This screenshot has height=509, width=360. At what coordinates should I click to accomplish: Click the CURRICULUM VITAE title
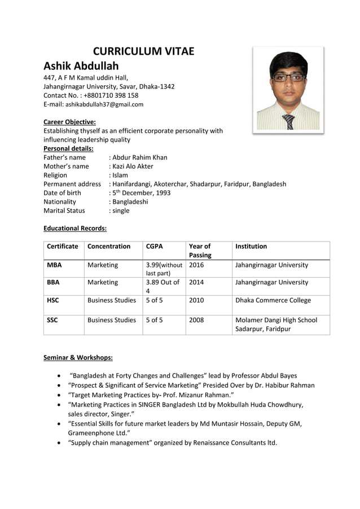click(x=143, y=51)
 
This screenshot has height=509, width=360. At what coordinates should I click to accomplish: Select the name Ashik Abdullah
click(x=81, y=66)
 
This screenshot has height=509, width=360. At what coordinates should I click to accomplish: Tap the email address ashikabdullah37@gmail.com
click(x=104, y=104)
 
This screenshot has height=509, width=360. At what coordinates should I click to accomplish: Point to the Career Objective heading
click(x=69, y=122)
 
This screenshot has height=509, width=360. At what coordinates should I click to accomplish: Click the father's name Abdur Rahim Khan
click(x=139, y=157)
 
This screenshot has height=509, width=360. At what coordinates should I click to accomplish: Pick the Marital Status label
click(x=64, y=210)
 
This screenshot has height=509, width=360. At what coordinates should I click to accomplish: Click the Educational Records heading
click(x=75, y=229)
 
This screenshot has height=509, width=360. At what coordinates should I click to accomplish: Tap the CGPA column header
click(x=155, y=246)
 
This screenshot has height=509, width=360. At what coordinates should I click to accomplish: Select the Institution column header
click(x=251, y=246)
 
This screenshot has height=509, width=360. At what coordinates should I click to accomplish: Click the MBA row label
click(x=55, y=265)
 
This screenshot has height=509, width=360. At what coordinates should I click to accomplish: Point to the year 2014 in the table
click(x=197, y=282)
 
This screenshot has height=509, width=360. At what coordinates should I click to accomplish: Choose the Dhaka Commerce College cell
click(x=273, y=300)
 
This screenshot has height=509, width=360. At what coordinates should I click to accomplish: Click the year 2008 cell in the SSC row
click(x=197, y=320)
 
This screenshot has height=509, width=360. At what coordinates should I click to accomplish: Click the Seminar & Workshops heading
click(x=78, y=358)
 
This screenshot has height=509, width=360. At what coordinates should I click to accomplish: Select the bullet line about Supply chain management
click(x=172, y=442)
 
